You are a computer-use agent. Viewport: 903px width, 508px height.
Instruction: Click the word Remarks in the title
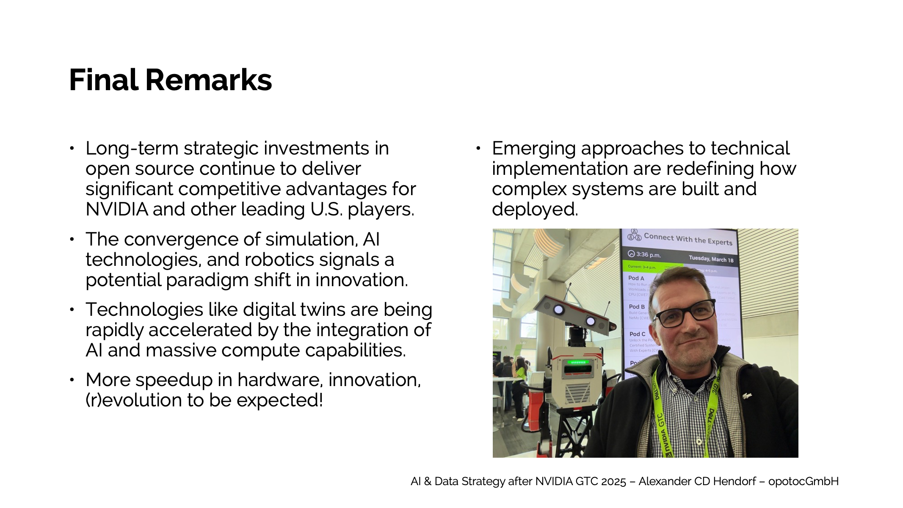point(208,80)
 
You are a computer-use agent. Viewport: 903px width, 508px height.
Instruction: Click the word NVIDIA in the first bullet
point(116,210)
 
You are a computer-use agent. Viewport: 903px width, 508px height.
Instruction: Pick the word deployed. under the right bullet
point(535,210)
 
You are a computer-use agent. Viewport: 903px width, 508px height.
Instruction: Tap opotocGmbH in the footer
point(803,482)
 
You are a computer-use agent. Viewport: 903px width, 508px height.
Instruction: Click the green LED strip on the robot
point(578,362)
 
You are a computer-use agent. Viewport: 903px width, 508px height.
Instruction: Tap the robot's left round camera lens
point(559,310)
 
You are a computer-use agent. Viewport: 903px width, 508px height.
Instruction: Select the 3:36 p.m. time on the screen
point(648,254)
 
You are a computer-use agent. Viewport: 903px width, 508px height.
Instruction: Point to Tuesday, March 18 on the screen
point(711,259)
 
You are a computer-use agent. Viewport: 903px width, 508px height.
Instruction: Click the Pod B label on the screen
point(637,306)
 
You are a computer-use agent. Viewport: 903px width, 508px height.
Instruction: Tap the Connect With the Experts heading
point(688,239)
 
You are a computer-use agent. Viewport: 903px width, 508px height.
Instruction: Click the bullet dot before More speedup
point(72,380)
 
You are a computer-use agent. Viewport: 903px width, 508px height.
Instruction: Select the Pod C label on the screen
point(637,334)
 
